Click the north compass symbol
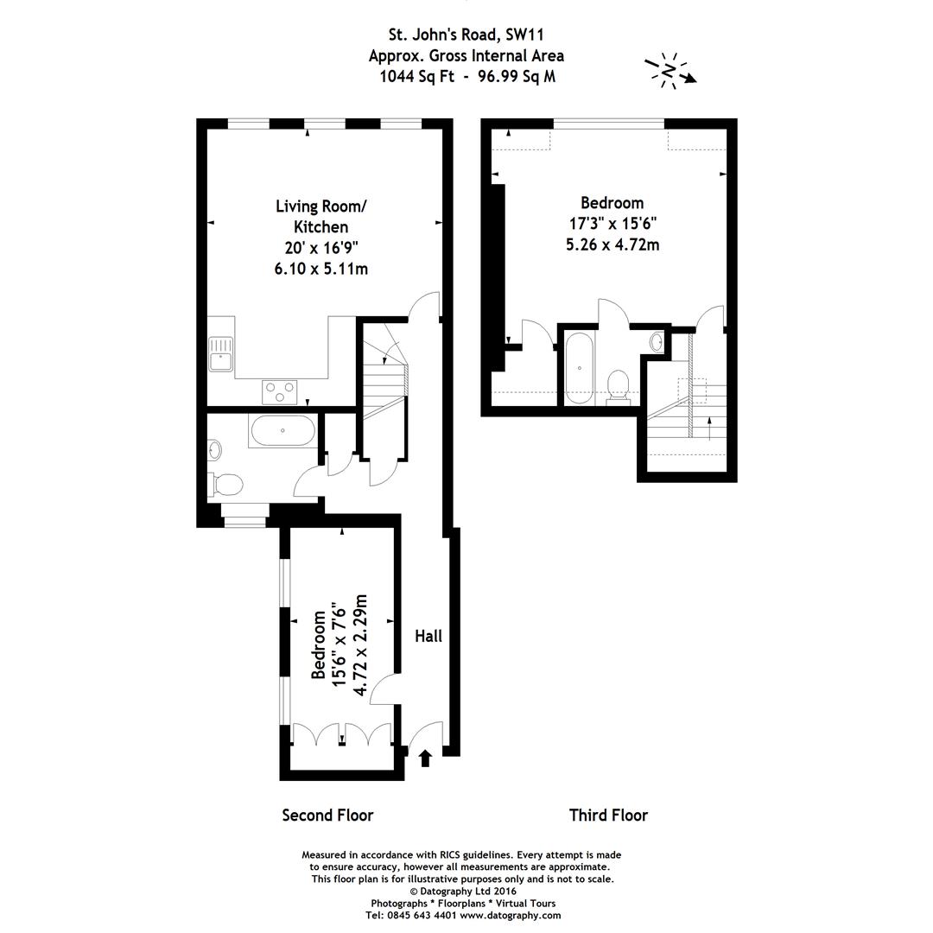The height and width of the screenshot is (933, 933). (670, 70)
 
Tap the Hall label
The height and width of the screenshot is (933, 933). (428, 636)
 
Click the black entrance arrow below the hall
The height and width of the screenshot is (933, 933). (425, 758)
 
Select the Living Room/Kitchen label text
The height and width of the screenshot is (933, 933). (321, 216)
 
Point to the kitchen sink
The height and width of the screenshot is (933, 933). (221, 353)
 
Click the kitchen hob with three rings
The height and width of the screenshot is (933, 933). (280, 391)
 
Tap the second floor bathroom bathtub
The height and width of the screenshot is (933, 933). (282, 430)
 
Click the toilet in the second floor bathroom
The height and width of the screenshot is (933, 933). (226, 484)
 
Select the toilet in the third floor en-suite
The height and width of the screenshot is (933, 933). (619, 384)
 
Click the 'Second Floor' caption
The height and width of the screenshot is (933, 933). (327, 815)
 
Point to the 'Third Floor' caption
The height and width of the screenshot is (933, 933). (608, 815)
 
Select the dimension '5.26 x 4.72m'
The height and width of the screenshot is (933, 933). (612, 244)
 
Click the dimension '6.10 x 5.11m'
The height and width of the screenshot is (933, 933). (321, 269)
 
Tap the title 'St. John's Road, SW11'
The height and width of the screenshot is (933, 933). (466, 35)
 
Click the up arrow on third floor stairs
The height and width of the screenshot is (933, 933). (709, 428)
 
